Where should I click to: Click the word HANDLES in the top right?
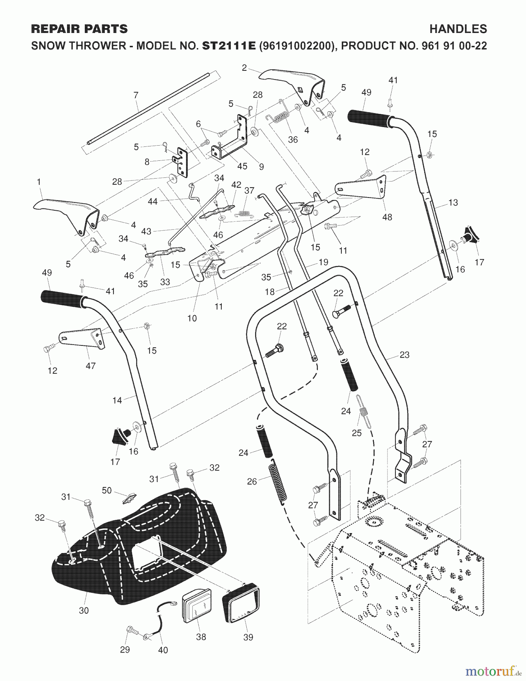[x=458, y=29]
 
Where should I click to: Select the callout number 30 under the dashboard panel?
[x=84, y=610]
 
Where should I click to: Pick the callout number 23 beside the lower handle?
[x=405, y=355]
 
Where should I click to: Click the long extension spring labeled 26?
[x=278, y=484]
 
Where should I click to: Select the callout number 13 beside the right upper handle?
[x=453, y=202]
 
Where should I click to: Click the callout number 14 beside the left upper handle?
[x=117, y=400]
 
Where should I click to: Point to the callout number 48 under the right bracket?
[x=387, y=217]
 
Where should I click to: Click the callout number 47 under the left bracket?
[x=90, y=365]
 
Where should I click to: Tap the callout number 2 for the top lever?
[x=244, y=68]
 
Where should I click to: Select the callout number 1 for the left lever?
[x=39, y=182]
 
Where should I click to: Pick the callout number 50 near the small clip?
[x=107, y=490]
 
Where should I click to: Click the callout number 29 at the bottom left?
[x=125, y=650]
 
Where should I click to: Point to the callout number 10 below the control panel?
[x=192, y=318]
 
